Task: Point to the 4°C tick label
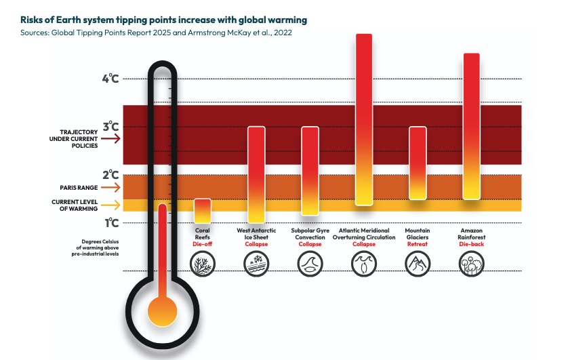tap(110, 79)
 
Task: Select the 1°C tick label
tap(110, 222)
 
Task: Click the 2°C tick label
tap(110, 175)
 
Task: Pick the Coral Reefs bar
tap(203, 211)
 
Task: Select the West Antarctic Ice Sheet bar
tap(256, 174)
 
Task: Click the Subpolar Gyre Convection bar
tap(310, 171)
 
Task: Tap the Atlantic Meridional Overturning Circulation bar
tap(364, 119)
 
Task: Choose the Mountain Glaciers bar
tap(418, 163)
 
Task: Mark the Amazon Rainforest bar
tap(471, 126)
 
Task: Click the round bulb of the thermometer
tap(162, 311)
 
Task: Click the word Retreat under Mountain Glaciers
tap(418, 244)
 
